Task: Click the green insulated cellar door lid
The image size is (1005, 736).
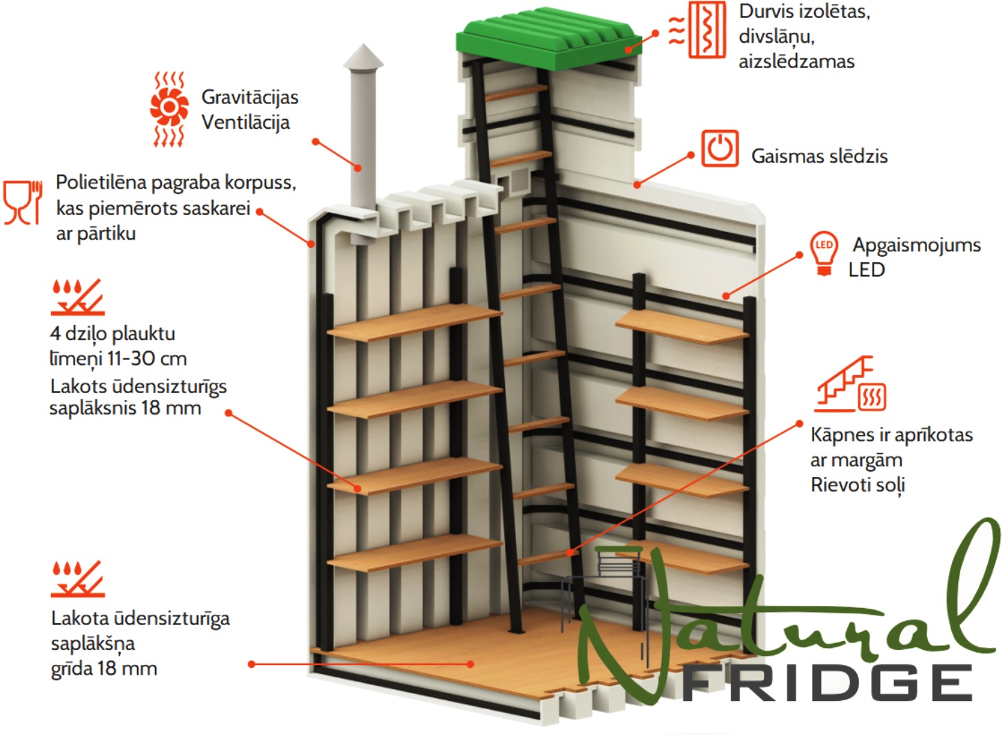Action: [549, 39]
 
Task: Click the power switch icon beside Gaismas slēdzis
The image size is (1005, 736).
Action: [720, 149]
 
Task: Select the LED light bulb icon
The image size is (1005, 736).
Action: [824, 253]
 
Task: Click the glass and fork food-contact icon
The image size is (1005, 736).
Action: [23, 202]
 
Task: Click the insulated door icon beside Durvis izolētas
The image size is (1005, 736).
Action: [698, 30]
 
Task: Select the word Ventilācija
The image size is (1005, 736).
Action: [245, 123]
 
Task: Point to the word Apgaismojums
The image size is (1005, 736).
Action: [917, 246]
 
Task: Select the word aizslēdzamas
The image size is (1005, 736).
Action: [796, 61]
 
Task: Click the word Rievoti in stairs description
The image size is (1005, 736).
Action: [838, 485]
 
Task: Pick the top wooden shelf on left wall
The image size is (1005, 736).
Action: [415, 322]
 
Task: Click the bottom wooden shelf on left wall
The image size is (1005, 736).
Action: [415, 552]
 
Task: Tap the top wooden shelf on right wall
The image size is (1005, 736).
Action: [682, 327]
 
